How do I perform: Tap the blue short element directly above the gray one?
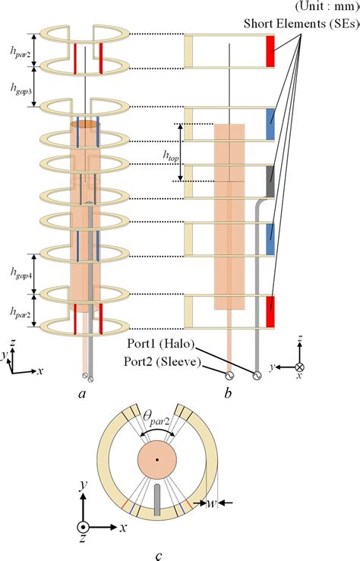coord(270,123)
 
